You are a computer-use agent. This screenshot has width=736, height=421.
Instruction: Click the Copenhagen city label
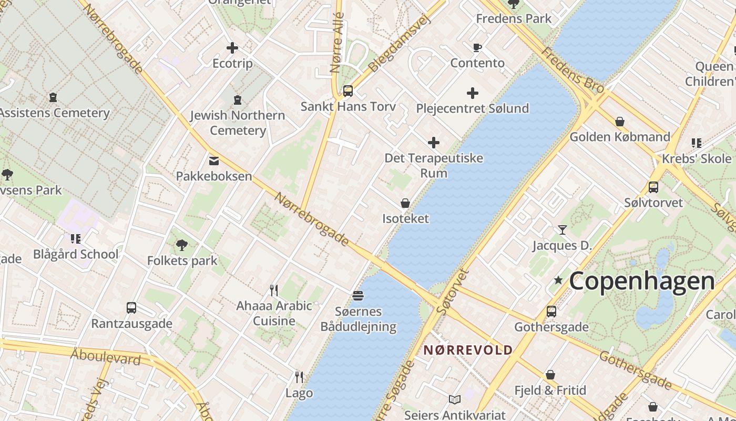pyautogui.click(x=642, y=281)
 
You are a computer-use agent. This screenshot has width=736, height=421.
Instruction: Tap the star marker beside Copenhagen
pyautogui.click(x=558, y=280)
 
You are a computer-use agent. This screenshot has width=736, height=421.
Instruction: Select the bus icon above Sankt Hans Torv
pyautogui.click(x=348, y=91)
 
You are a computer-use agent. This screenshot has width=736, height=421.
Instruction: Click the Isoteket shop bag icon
pyautogui.click(x=405, y=203)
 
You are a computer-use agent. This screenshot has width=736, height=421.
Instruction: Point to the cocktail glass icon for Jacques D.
pyautogui.click(x=563, y=229)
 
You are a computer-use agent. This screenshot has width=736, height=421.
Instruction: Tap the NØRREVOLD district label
pyautogui.click(x=468, y=350)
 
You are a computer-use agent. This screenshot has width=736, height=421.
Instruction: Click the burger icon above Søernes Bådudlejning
pyautogui.click(x=358, y=296)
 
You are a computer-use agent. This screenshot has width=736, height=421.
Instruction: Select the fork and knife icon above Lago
pyautogui.click(x=299, y=377)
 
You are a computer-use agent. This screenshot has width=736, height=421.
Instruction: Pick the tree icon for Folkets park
pyautogui.click(x=182, y=245)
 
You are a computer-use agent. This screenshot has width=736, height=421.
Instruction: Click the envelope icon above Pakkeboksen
pyautogui.click(x=214, y=161)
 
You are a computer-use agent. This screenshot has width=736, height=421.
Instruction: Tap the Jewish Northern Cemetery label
pyautogui.click(x=238, y=123)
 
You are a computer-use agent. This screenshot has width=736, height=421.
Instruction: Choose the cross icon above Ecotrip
pyautogui.click(x=232, y=48)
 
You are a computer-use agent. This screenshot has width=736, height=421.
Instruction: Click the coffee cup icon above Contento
pyautogui.click(x=477, y=48)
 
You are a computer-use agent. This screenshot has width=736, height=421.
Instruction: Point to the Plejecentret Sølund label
pyautogui.click(x=472, y=108)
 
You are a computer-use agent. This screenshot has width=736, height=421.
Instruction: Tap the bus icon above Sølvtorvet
pyautogui.click(x=653, y=187)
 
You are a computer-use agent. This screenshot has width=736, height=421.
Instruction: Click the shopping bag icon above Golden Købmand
pyautogui.click(x=620, y=122)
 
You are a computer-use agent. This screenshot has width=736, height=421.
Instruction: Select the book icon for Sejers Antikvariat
pyautogui.click(x=455, y=400)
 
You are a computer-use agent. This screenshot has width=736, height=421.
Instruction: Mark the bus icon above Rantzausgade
pyautogui.click(x=131, y=308)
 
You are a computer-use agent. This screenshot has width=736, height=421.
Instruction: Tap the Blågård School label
pyautogui.click(x=76, y=254)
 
